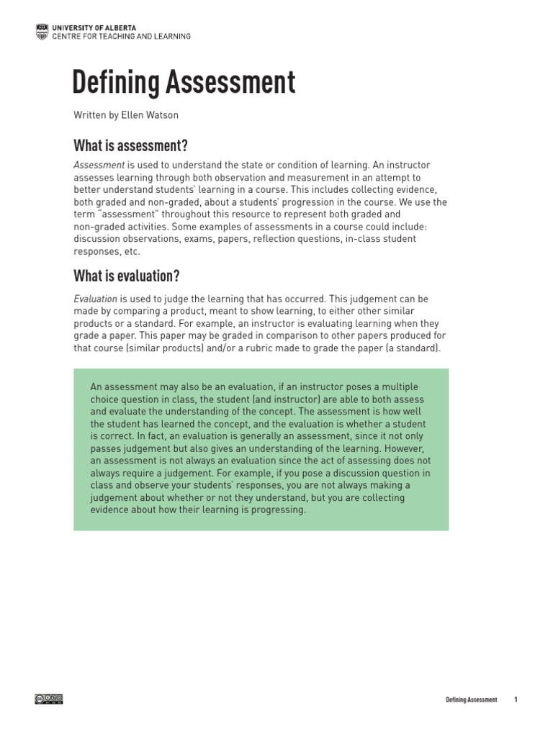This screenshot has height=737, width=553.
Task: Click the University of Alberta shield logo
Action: click(41, 31)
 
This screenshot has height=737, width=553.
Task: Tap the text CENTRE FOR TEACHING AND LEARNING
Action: click(121, 36)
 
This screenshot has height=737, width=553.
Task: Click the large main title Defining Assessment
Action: click(184, 83)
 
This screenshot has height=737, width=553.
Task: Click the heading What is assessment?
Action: click(130, 146)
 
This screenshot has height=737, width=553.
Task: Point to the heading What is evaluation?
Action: click(126, 276)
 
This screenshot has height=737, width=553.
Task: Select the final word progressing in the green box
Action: click(280, 510)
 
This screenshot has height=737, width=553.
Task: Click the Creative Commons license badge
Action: click(49, 698)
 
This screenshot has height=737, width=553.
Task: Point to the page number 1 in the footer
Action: click(516, 700)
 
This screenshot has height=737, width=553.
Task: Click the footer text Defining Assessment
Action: click(471, 700)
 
